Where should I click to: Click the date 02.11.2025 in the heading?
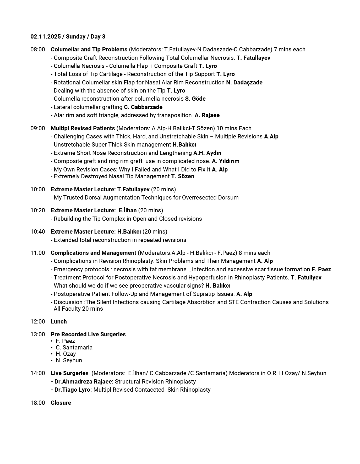pos(46,37)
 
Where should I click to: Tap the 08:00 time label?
pos(38,50)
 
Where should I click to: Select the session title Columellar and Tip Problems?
pos(89,50)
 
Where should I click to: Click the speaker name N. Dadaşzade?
pos(244,83)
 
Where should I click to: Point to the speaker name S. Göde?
pos(195,99)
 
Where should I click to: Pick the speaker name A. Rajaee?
pos(207,115)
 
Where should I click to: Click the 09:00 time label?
pos(38,128)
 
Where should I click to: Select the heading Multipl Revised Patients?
pos(83,128)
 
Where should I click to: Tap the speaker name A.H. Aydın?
pos(207,153)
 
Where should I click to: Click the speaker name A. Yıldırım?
pos(226,161)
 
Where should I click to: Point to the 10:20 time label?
pos(38,211)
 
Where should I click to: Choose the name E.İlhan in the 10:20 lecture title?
pos(128,211)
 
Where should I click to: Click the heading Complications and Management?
pos(94,253)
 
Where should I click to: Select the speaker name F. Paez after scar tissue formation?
pos(321,269)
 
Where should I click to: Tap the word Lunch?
pos(59,322)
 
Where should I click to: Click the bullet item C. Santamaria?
pos(74,348)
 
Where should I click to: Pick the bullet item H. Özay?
pos(66,354)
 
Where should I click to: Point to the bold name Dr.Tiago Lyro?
pos(73,390)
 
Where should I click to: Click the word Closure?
pos(61,403)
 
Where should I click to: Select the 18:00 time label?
pos(38,403)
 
